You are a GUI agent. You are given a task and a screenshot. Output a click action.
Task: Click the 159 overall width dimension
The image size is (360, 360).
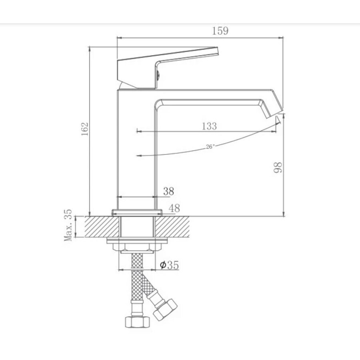click(x=220, y=31)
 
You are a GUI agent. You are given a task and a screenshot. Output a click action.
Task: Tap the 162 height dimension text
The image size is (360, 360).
click(x=84, y=129)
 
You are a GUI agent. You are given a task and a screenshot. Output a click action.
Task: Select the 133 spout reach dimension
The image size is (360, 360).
click(x=209, y=126)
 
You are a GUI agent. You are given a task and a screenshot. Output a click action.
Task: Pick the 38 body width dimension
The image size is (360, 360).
click(x=169, y=191)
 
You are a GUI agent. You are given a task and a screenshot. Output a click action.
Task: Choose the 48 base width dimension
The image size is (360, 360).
click(x=174, y=208)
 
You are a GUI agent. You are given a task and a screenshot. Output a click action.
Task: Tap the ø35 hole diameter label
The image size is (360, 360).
click(x=169, y=264)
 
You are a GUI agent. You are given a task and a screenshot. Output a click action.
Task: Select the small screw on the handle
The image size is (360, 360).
click(x=158, y=74)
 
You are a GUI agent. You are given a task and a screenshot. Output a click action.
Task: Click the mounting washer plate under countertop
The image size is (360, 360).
click(x=137, y=241)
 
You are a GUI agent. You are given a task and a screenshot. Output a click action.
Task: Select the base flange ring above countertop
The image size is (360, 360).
click(x=137, y=212)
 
